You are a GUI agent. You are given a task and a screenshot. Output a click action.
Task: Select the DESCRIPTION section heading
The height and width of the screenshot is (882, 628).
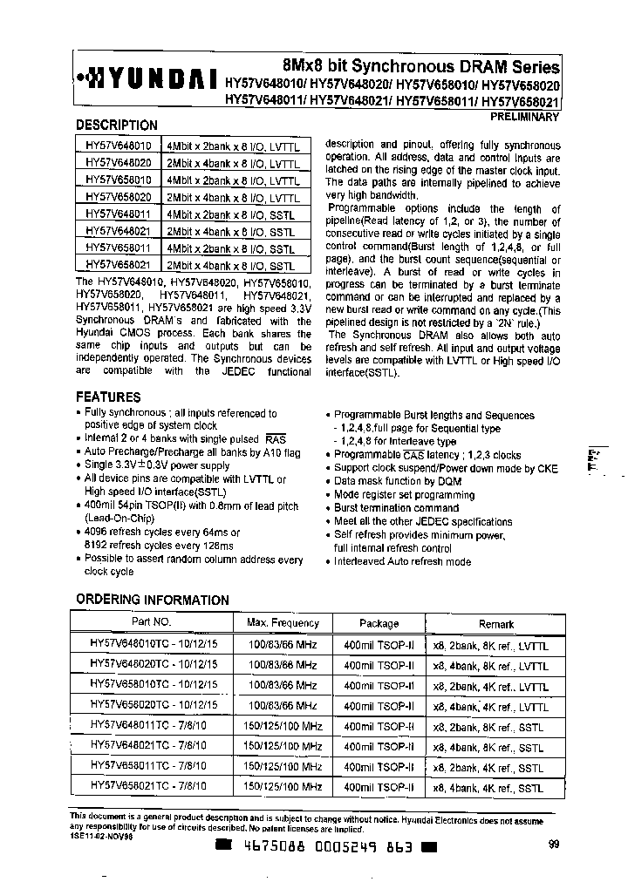[117, 126]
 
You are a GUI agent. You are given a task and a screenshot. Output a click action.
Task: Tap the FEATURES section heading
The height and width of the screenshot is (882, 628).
[108, 397]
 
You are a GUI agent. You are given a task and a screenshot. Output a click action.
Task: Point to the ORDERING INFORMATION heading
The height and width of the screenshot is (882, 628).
[153, 600]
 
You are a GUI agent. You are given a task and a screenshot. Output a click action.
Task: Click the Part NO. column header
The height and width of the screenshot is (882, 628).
[152, 622]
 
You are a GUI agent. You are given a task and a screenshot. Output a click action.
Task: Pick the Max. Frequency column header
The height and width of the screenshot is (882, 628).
[283, 623]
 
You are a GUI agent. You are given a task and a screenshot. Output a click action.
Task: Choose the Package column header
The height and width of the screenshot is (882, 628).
[379, 623]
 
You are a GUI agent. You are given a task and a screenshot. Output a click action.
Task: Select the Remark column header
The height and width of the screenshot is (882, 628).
[496, 624]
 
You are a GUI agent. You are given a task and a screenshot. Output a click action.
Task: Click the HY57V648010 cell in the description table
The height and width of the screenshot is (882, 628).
[118, 147]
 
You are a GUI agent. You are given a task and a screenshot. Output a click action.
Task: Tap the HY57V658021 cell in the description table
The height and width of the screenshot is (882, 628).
[118, 263]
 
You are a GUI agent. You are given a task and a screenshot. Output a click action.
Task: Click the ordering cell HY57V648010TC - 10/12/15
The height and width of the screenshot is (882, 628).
[154, 645]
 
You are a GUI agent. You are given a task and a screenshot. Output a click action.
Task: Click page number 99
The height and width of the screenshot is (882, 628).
[555, 844]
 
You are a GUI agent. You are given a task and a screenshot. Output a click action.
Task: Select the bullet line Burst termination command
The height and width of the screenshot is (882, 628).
[397, 507]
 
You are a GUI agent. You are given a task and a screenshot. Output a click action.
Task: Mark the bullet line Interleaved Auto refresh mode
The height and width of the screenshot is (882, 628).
[402, 561]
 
